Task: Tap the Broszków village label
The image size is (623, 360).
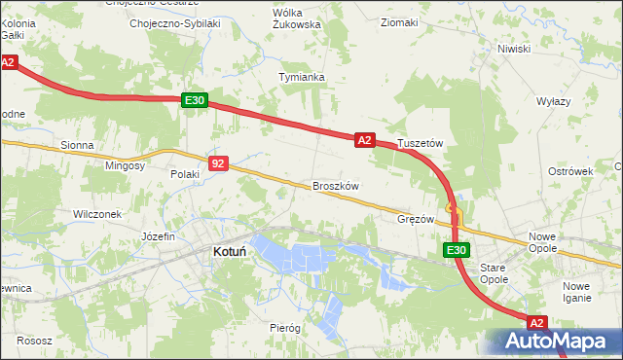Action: point(337,186)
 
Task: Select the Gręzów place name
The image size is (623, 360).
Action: point(416,219)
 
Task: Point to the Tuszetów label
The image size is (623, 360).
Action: point(421,143)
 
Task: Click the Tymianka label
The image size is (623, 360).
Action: point(301,76)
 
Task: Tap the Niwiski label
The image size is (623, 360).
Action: point(513,48)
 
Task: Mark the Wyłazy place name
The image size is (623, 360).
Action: point(554,101)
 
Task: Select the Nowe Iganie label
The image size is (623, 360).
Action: point(577,292)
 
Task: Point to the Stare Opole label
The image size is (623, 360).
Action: point(495,273)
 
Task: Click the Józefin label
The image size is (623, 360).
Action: point(158,236)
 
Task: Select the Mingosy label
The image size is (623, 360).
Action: point(126,165)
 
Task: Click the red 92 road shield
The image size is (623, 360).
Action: point(218,164)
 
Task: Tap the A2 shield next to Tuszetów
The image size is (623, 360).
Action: point(365,140)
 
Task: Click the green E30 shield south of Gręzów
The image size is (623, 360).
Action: point(457,250)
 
